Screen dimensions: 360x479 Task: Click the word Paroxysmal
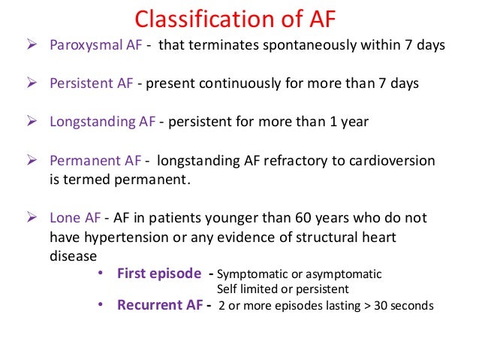point(80,45)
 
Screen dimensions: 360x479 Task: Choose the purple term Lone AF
point(75,218)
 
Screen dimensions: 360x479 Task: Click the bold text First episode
point(159,274)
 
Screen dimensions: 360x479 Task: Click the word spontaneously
point(313,45)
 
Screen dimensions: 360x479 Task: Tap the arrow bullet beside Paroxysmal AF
point(32,45)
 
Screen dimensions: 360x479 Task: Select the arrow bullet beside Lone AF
point(32,218)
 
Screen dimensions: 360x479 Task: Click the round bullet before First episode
point(101,274)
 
